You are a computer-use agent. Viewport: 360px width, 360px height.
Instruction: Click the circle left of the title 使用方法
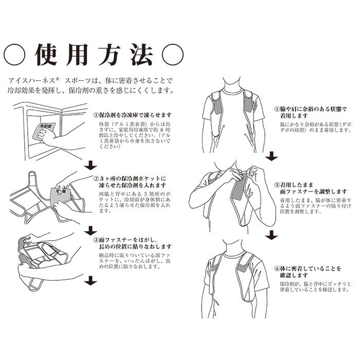(14, 53)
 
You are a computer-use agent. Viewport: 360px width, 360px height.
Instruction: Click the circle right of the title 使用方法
(173, 53)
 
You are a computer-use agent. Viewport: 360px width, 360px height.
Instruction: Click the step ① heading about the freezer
(132, 115)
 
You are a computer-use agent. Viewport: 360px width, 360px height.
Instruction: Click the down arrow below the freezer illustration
(90, 165)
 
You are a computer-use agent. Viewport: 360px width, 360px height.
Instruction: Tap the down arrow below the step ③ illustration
(91, 281)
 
